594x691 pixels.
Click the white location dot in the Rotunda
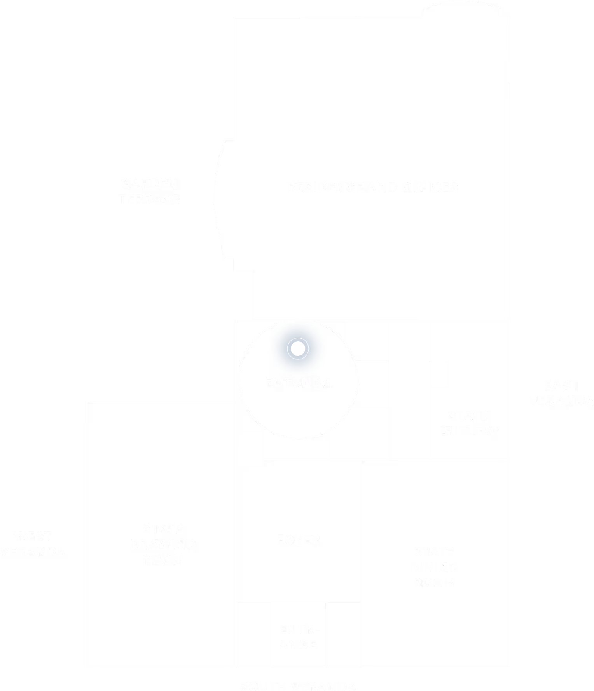298,348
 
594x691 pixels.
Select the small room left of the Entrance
253,634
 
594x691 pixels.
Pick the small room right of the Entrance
343,634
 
